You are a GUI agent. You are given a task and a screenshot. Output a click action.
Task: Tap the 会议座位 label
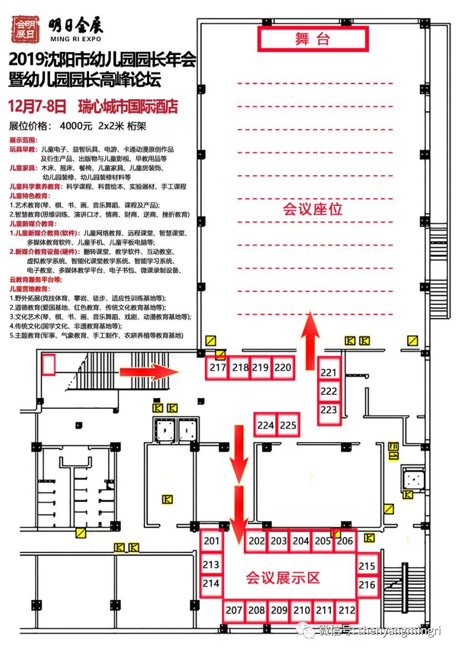(312, 209)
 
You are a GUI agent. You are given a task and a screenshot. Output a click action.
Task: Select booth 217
(218, 368)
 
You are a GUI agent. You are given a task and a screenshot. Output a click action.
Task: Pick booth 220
(283, 368)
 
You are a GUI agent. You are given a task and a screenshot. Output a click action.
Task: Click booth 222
(329, 391)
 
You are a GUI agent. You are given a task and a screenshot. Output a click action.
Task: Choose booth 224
(266, 426)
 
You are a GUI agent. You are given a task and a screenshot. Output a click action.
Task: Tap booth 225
(288, 426)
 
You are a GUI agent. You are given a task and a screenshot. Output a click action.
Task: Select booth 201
(212, 541)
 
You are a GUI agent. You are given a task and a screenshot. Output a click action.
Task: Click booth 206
(345, 541)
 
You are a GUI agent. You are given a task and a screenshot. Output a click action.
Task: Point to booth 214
(211, 584)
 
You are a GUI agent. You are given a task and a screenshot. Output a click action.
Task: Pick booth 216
(367, 585)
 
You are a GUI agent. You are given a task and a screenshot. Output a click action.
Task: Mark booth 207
(234, 610)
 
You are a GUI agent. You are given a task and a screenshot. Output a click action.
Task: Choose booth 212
(346, 610)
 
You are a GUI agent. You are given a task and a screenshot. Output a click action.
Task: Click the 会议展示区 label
(283, 577)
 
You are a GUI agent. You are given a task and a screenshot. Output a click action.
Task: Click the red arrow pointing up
(311, 333)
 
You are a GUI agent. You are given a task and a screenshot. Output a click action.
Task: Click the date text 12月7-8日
(38, 106)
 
